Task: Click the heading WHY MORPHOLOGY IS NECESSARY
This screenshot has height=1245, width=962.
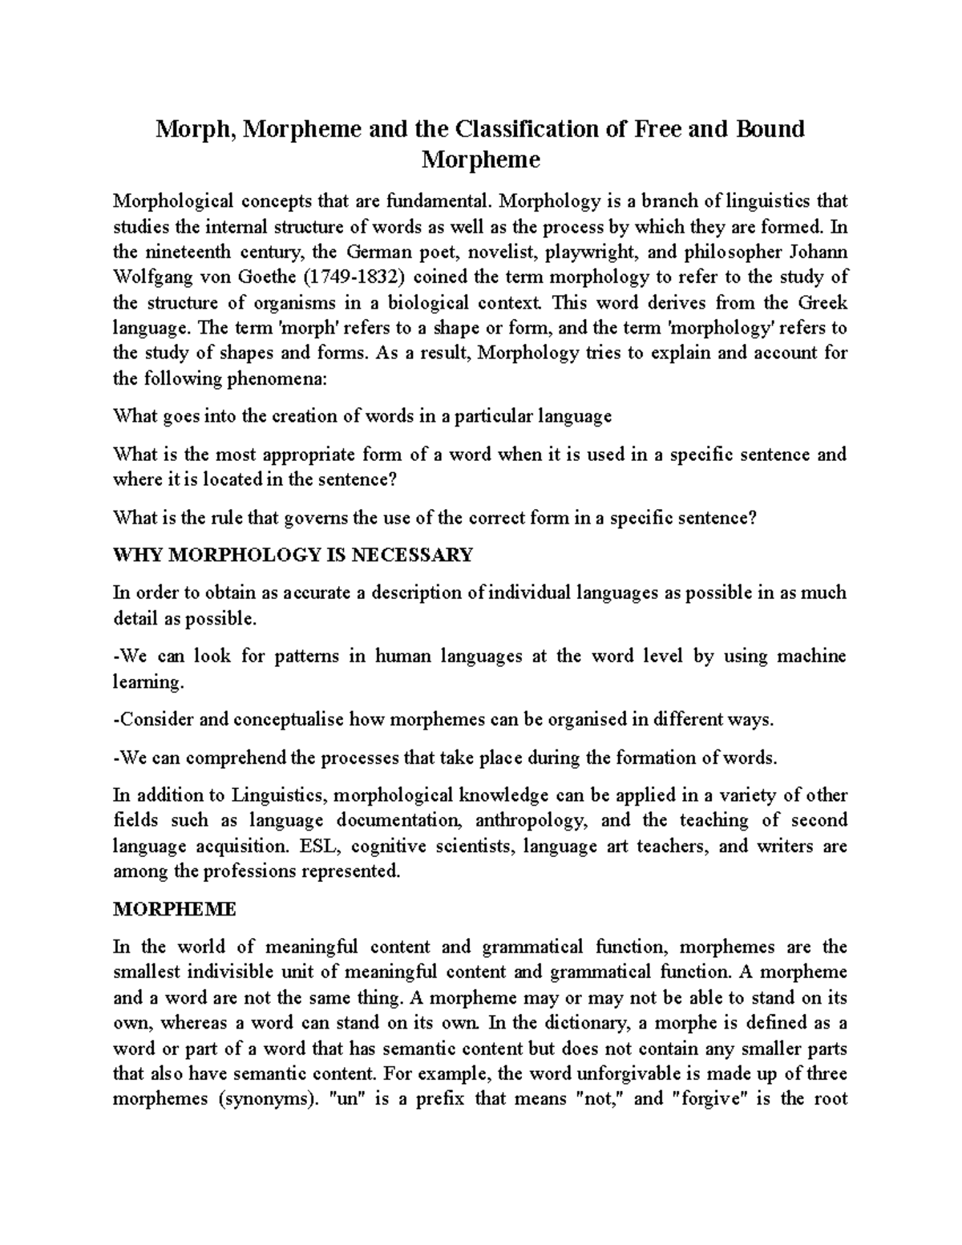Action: click(293, 556)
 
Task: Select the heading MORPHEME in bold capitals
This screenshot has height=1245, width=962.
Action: click(174, 910)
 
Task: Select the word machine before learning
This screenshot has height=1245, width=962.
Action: click(814, 657)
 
